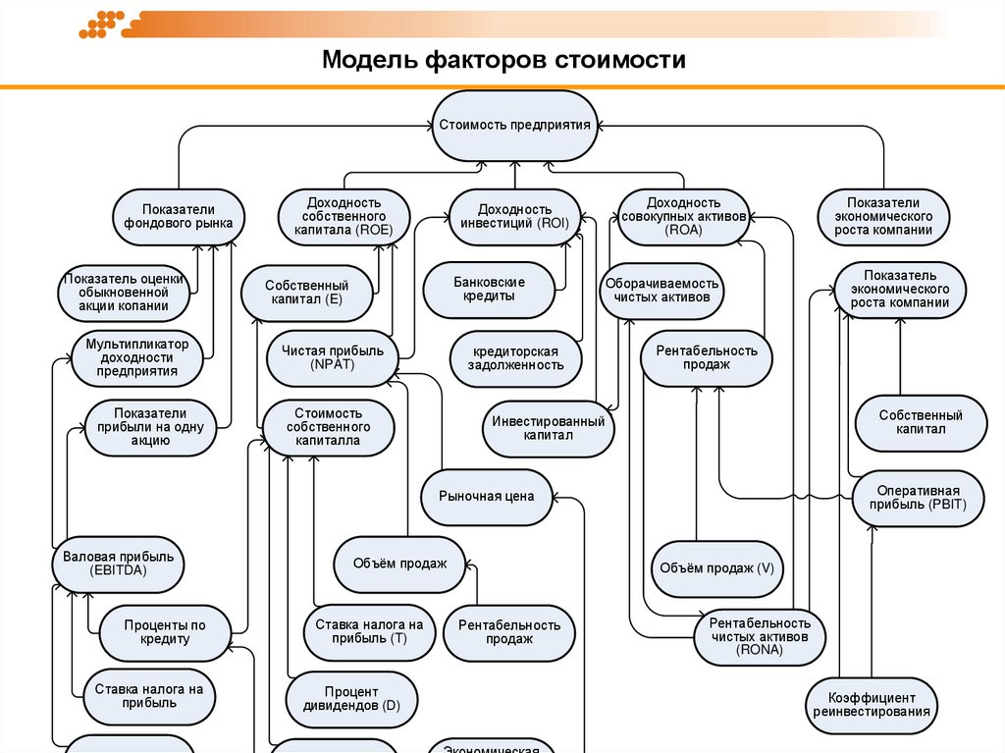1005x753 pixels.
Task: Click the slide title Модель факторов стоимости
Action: click(x=504, y=60)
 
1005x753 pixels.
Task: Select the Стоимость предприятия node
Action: click(x=514, y=126)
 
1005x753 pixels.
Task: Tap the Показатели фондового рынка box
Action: click(x=178, y=216)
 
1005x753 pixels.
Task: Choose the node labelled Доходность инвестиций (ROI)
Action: click(x=515, y=216)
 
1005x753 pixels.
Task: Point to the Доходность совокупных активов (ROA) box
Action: click(x=684, y=216)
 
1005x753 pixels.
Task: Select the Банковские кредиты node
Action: click(x=489, y=290)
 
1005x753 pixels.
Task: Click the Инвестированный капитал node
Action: click(x=548, y=428)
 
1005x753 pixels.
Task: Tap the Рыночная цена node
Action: click(x=487, y=497)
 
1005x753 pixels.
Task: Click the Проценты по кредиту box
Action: click(x=165, y=632)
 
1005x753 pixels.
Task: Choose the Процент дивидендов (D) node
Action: click(x=350, y=699)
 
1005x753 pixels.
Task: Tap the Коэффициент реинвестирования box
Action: click(x=873, y=704)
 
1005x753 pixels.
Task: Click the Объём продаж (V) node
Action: click(x=717, y=568)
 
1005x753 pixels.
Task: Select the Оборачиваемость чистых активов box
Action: click(x=661, y=290)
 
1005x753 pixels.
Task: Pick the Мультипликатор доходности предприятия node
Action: click(x=136, y=358)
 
